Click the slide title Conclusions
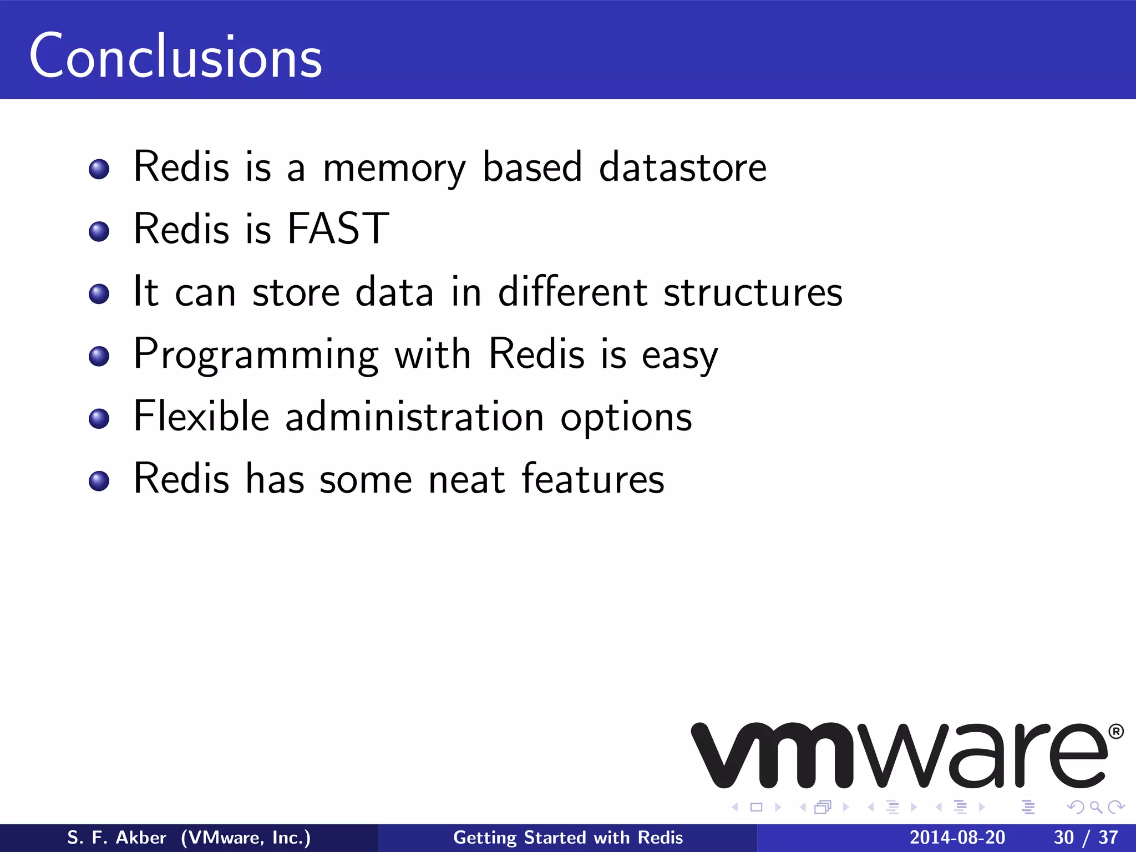tap(175, 57)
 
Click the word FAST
tap(338, 229)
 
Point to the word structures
tap(753, 292)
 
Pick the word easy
tap(679, 356)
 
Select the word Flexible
tap(201, 416)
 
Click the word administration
tap(414, 416)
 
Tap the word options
tap(626, 418)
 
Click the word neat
tap(466, 479)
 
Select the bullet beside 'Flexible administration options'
tap(99, 418)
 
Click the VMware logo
tap(899, 755)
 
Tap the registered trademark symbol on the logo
tap(1115, 732)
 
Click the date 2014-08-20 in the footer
tap(957, 838)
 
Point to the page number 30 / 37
tap(1086, 838)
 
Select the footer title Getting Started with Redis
tap(568, 838)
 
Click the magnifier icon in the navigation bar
tap(1096, 807)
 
